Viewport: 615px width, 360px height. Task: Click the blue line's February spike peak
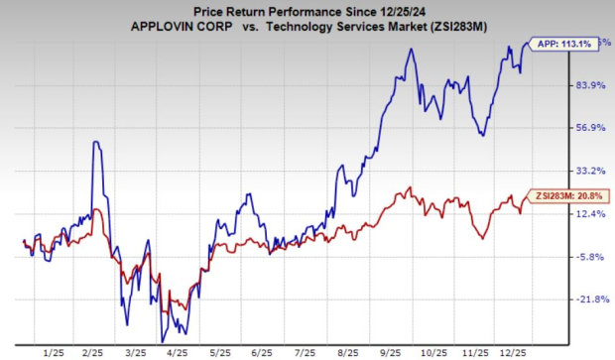[95, 141]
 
